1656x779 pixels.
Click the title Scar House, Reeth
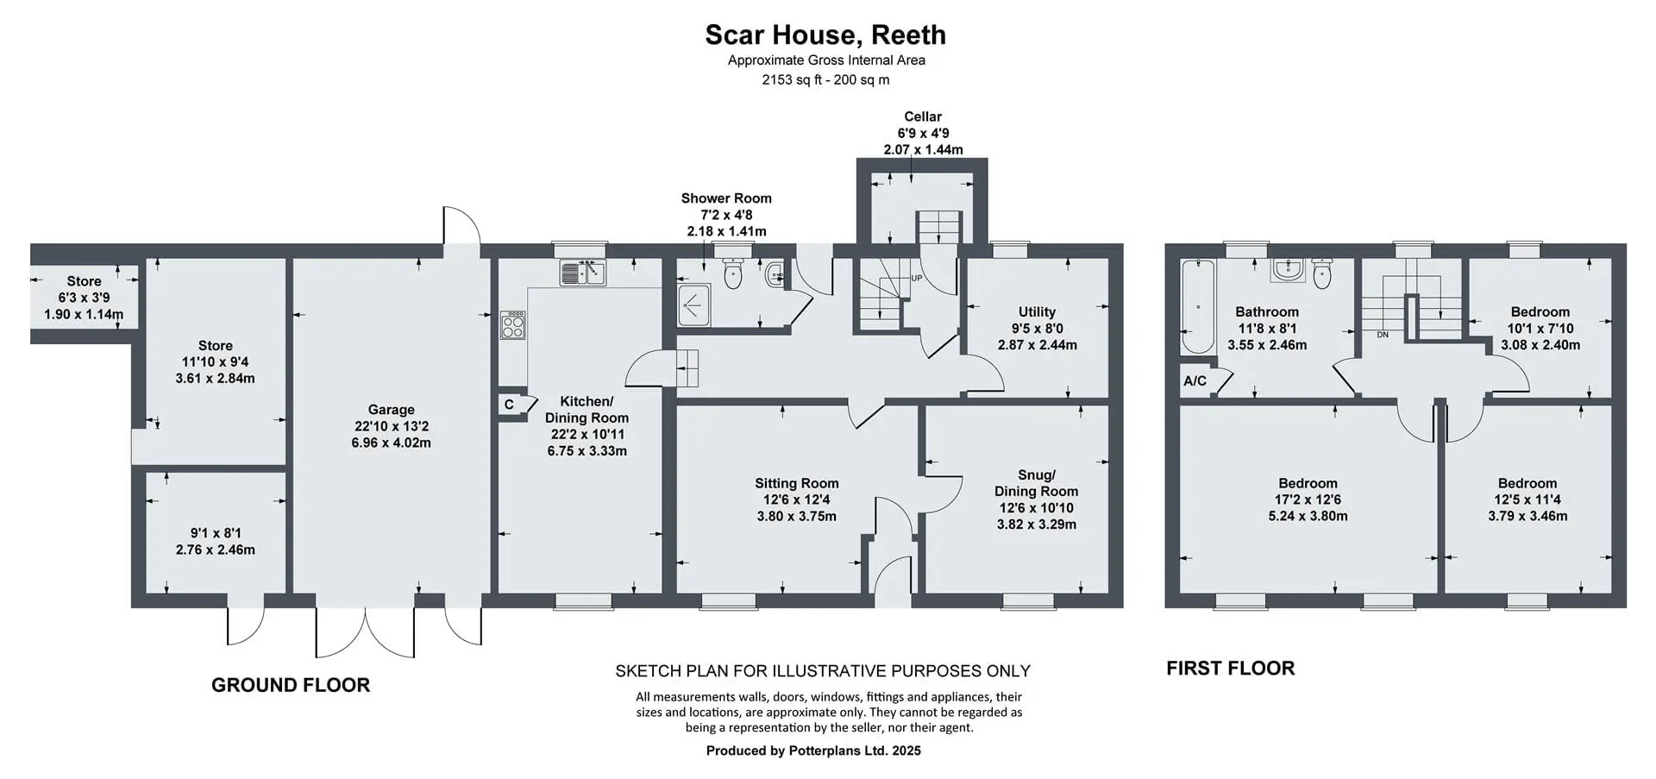tap(825, 35)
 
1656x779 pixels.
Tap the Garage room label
tap(391, 410)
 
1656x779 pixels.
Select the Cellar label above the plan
tap(923, 116)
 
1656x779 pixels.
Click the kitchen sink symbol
tap(583, 273)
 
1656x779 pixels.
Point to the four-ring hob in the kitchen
tap(512, 324)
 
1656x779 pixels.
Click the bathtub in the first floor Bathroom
tap(1197, 306)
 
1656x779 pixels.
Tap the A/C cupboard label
tap(1195, 380)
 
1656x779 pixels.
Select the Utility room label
tap(1037, 311)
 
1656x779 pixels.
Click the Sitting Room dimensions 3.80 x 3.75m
tap(797, 517)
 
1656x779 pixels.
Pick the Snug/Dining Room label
tap(1037, 483)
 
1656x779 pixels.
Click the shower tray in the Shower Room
tap(693, 305)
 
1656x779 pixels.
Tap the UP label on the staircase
tap(917, 279)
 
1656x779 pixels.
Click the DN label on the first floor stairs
tap(1383, 335)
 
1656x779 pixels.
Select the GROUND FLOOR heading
tap(291, 685)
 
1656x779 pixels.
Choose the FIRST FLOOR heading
tap(1230, 669)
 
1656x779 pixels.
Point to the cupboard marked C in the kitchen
tap(510, 405)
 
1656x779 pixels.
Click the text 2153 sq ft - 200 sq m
tap(825, 79)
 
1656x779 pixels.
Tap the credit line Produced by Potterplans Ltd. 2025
tap(813, 751)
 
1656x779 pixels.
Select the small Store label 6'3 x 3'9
tap(84, 298)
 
